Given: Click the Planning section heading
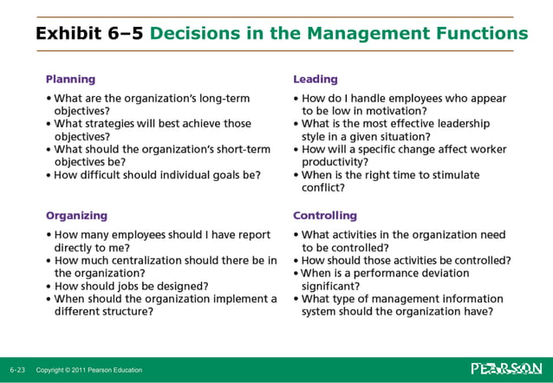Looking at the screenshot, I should pos(70,79).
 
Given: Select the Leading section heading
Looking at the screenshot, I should pos(316,79).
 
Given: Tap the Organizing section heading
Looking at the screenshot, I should pos(76,215).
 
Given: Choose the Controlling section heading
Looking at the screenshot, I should pos(325,215).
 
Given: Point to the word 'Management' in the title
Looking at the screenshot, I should pos(353,34).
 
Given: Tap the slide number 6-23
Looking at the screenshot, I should pos(17,370).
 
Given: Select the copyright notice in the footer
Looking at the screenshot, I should pos(89,370).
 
